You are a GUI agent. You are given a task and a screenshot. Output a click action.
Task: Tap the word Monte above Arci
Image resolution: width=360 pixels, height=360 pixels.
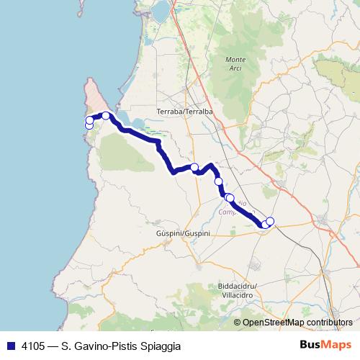(235, 58)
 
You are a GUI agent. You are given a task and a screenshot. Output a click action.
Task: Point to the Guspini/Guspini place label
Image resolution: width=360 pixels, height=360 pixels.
(183, 234)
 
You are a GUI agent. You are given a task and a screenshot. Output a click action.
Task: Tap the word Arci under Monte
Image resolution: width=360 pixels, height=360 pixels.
(235, 67)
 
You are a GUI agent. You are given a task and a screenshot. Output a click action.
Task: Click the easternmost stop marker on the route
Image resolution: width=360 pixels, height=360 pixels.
(270, 221)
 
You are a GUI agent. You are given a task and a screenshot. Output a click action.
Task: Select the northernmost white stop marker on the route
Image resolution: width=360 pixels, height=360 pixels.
(106, 115)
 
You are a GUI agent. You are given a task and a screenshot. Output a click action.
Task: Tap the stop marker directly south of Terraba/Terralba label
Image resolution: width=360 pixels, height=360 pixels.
(194, 167)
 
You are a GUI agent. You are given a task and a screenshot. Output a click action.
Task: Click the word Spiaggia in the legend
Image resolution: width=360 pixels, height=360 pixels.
(159, 346)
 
